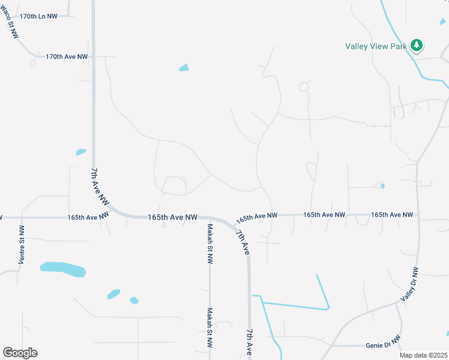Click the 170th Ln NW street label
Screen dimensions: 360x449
[x=38, y=16]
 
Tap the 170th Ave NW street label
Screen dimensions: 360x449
[x=67, y=56]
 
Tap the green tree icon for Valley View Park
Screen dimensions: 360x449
[x=417, y=46]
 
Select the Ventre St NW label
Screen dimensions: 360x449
[x=22, y=245]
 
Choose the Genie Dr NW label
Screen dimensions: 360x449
[x=382, y=346]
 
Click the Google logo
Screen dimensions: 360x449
[x=20, y=353]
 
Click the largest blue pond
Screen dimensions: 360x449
[x=63, y=269]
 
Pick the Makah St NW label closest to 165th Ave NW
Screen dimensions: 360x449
[x=210, y=244]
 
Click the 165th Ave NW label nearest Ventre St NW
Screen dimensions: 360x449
[x=88, y=217]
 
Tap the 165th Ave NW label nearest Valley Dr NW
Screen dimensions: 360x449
[x=392, y=214]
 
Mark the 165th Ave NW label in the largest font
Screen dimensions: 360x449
[x=172, y=217]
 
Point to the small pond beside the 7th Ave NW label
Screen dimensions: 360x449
[x=81, y=152]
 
